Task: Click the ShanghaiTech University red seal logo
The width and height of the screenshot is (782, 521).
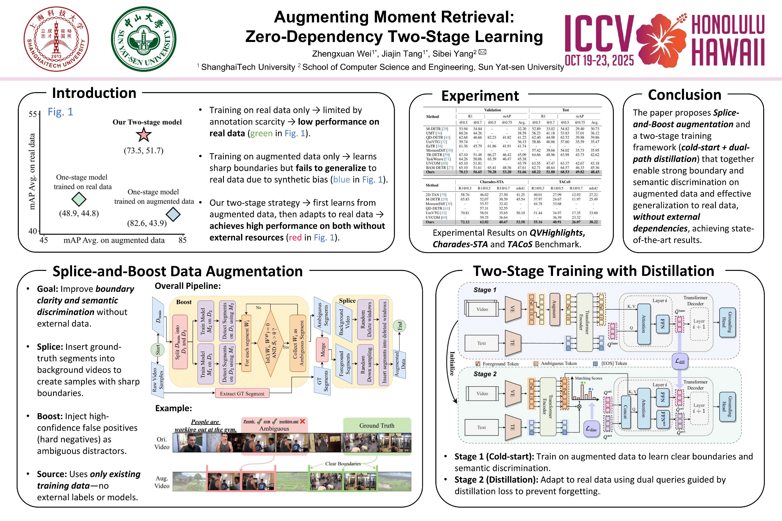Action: tap(56, 39)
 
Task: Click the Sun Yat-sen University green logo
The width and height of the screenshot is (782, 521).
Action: tap(144, 39)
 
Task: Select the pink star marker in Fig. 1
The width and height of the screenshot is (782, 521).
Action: tap(144, 135)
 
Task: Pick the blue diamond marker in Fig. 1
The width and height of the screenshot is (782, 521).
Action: tap(173, 214)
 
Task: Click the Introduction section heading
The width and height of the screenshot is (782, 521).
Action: tap(94, 93)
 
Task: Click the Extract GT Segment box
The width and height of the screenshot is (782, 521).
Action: tap(242, 393)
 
